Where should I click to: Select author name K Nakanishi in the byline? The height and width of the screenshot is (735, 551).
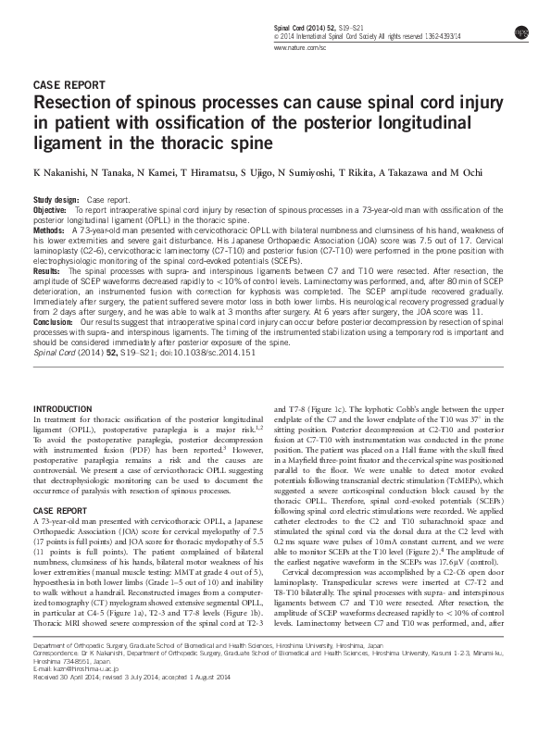tap(62, 173)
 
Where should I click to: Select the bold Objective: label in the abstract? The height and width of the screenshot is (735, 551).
tap(52, 210)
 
